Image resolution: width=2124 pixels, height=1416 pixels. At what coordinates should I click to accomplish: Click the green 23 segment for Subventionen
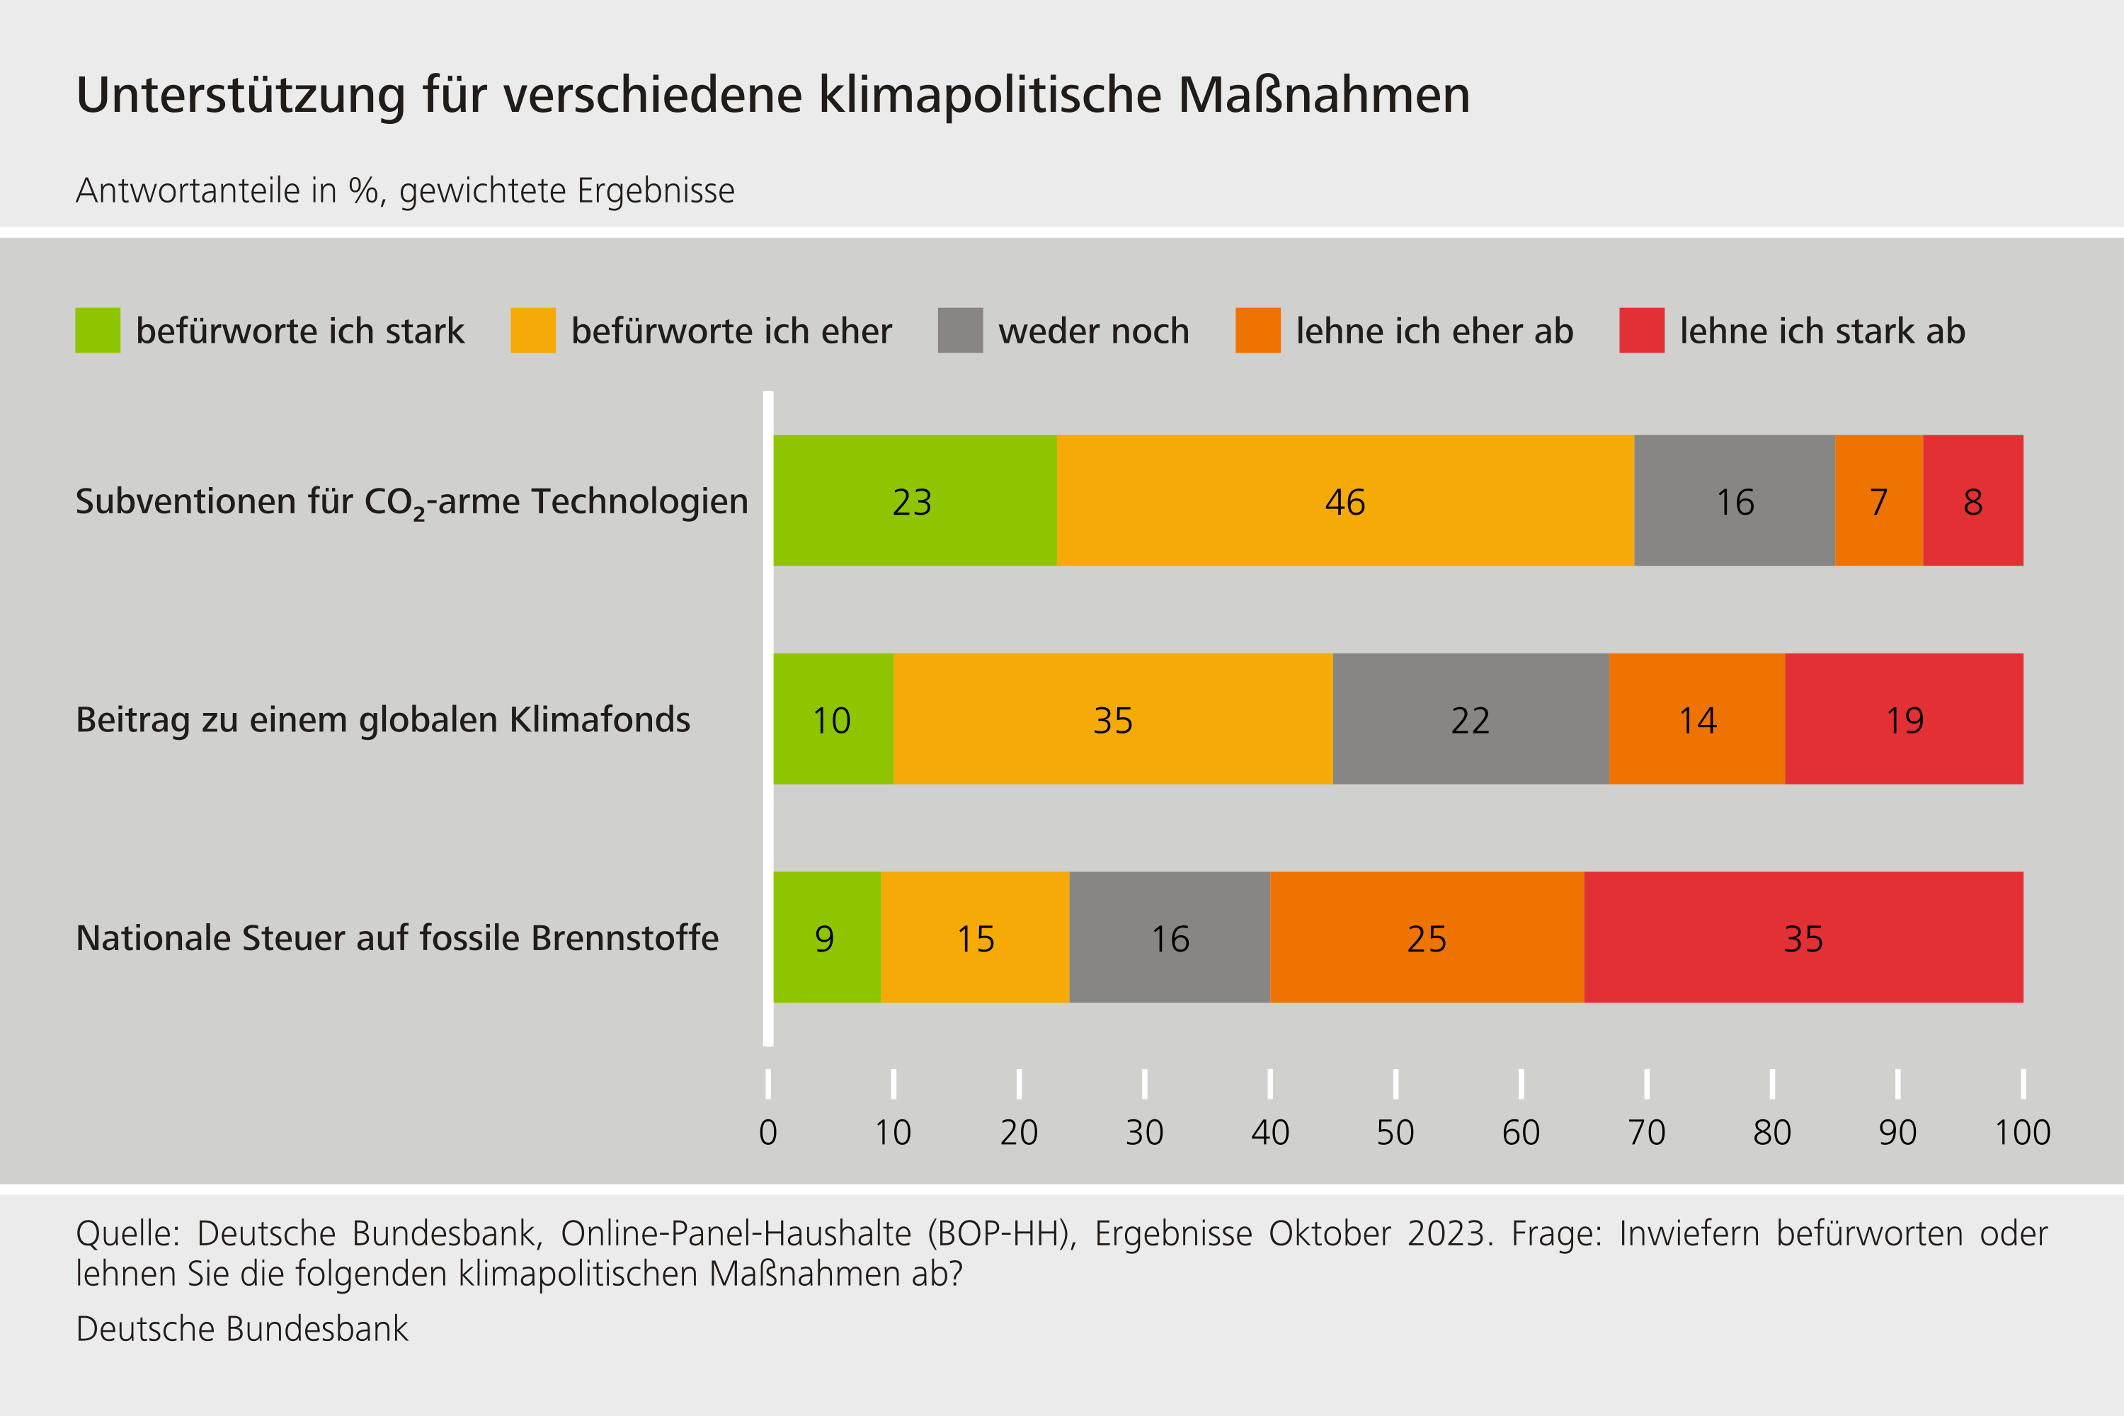[914, 501]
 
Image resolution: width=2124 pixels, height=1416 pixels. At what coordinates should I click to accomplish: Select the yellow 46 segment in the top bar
[1344, 501]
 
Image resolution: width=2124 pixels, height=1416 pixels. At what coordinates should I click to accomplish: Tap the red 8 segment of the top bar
[1972, 501]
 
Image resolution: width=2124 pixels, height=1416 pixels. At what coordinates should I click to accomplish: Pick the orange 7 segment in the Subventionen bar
[1878, 501]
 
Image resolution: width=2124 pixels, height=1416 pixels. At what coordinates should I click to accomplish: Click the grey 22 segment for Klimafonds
[1471, 719]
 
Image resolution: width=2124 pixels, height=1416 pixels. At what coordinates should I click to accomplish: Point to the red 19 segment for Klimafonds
[1904, 719]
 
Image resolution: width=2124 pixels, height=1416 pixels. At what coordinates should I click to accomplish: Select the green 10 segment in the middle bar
[833, 719]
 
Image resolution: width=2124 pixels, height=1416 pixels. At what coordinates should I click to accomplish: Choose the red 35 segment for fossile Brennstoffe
[1803, 937]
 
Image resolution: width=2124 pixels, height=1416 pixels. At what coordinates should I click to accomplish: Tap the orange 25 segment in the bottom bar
[1426, 937]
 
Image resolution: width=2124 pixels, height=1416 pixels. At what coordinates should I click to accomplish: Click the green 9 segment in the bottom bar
[826, 937]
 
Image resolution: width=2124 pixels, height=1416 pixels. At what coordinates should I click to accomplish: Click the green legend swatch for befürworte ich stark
[98, 331]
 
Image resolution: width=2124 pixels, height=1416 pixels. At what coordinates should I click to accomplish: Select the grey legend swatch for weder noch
[960, 331]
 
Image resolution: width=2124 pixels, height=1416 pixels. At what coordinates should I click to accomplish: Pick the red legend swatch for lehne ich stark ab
[1641, 331]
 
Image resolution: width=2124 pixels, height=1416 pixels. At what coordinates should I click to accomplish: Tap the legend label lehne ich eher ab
[1434, 331]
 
